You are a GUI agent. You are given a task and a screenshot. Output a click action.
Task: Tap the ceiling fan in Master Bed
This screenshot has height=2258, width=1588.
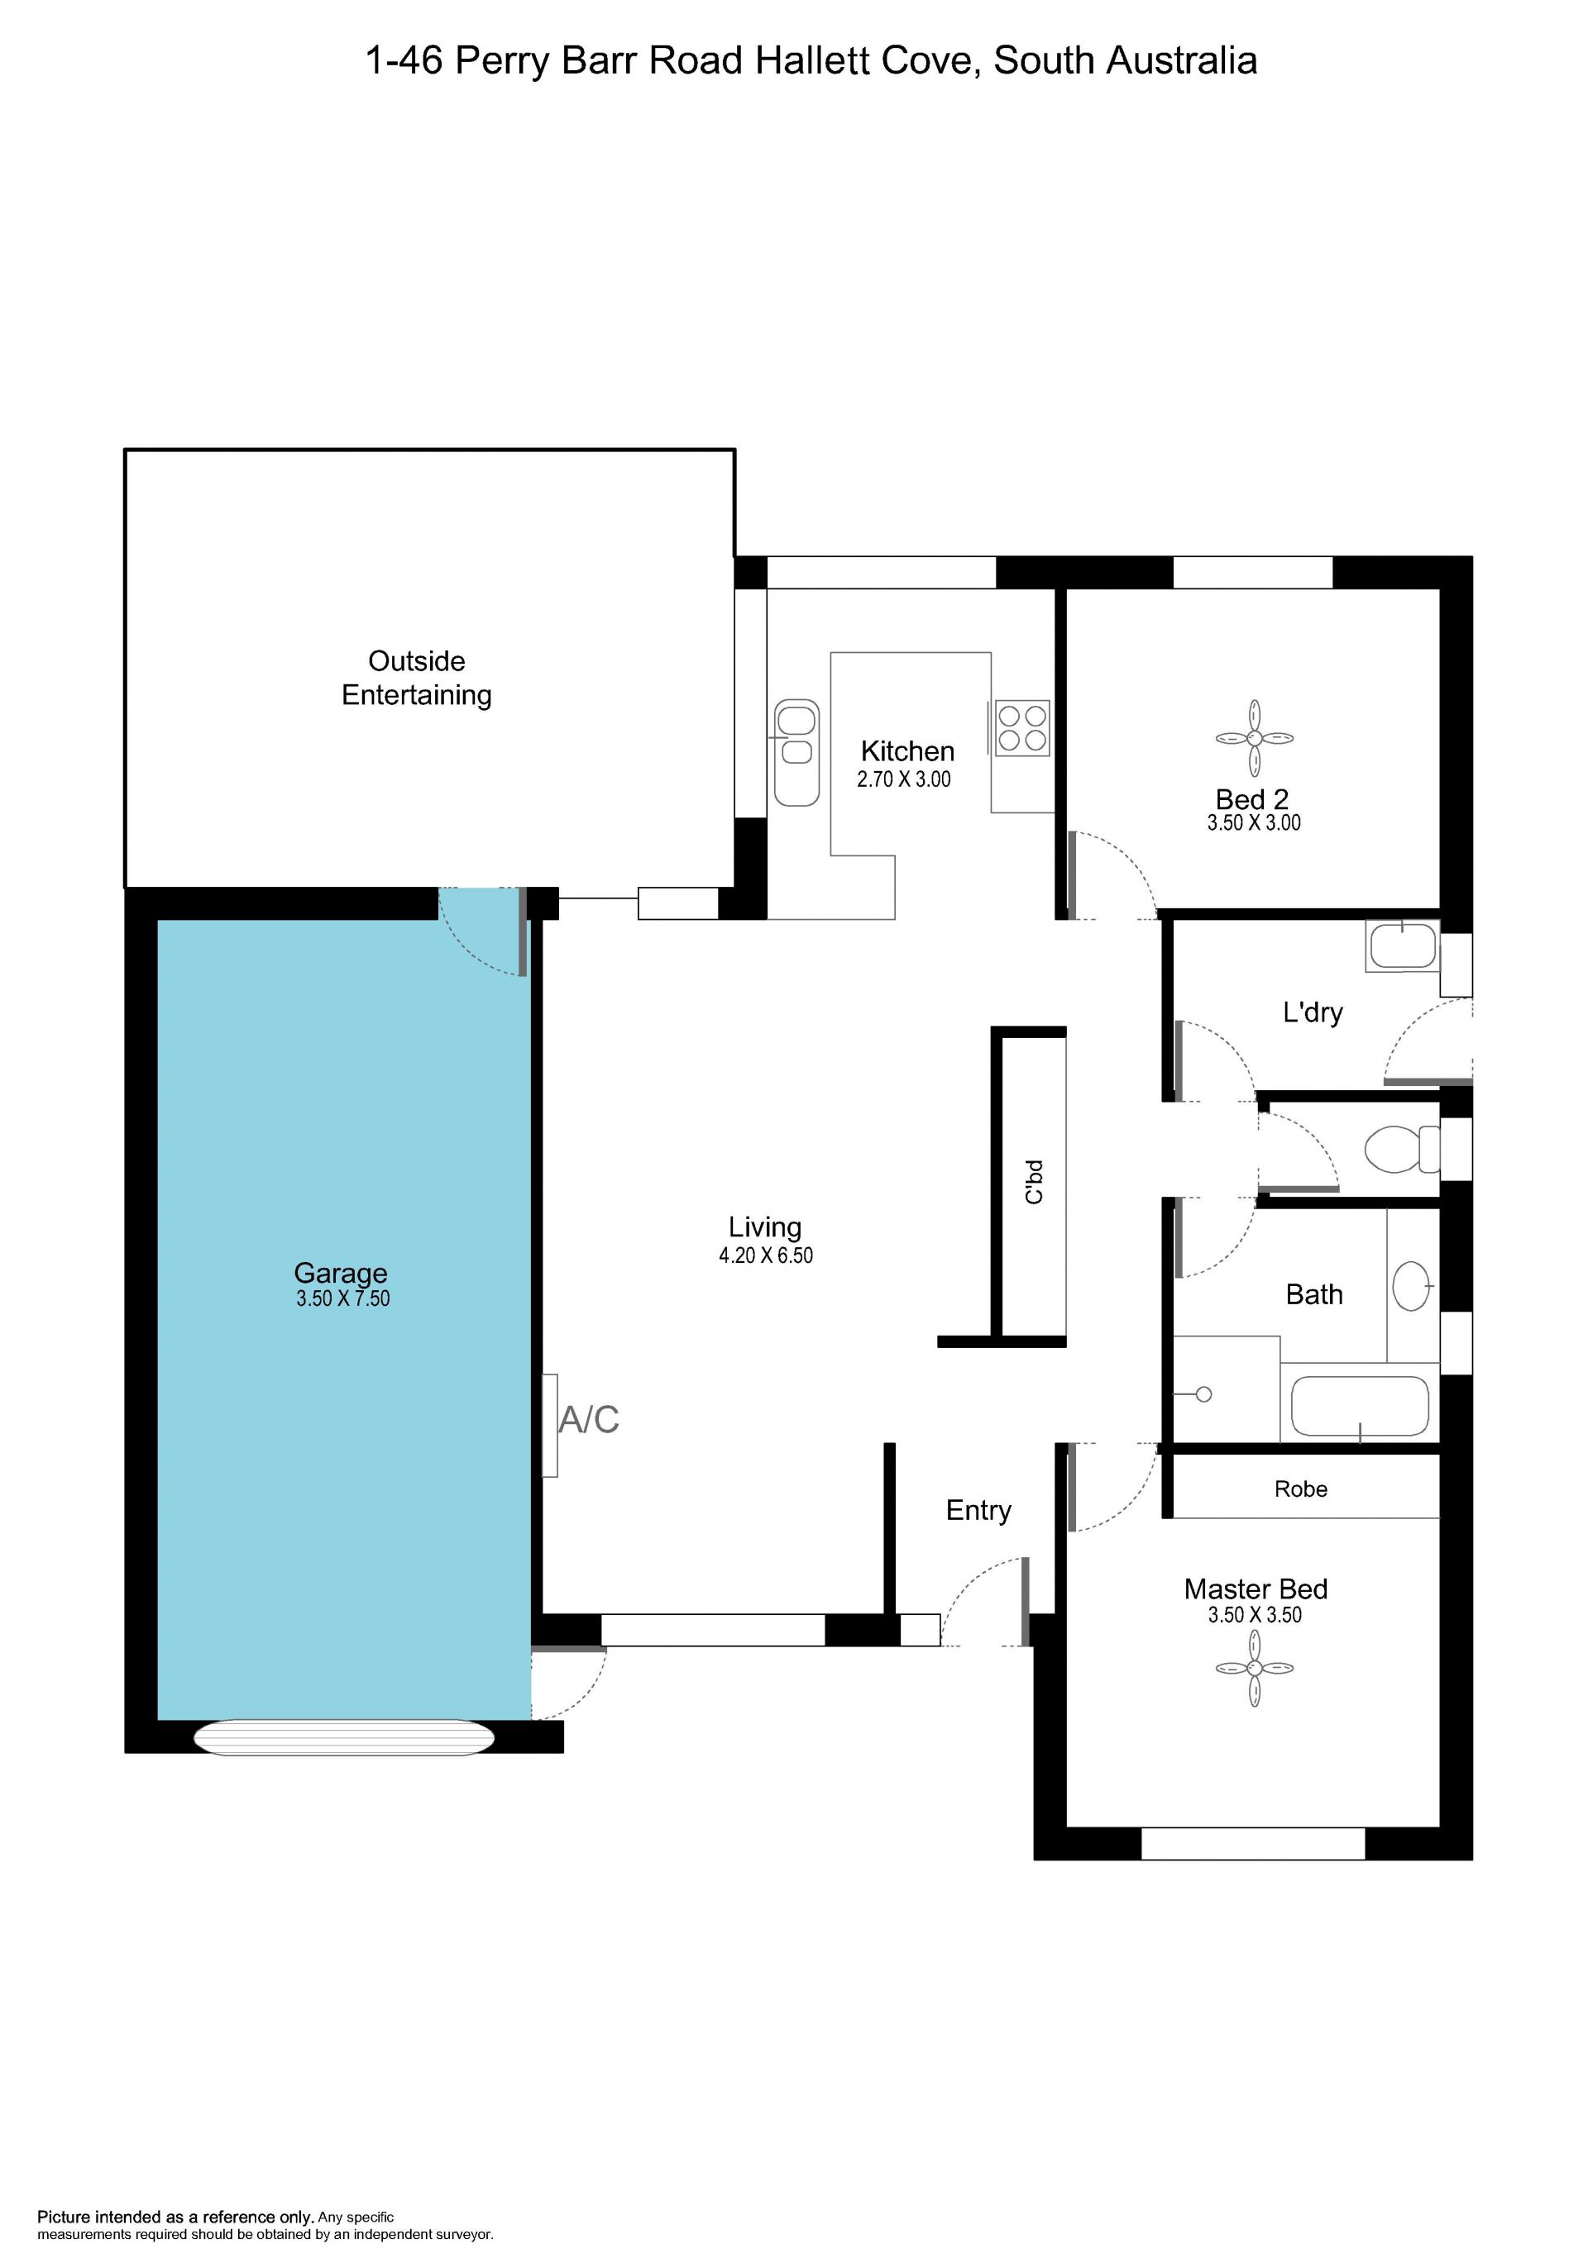1255,1668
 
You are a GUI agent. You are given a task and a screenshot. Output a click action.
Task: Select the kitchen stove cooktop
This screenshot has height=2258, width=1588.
1022,728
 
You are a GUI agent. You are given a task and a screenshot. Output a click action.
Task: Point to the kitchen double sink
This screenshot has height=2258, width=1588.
797,752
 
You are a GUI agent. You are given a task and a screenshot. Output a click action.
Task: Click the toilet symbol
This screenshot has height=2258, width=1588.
1402,1149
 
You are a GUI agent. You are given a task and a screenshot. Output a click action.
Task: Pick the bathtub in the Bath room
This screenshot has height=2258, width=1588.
1359,1408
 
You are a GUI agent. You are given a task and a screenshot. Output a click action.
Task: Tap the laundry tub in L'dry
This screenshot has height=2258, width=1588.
1403,946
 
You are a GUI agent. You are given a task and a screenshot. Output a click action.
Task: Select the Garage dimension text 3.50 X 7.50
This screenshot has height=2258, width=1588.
342,1298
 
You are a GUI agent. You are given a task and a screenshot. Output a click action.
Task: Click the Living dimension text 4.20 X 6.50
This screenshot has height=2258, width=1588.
766,1255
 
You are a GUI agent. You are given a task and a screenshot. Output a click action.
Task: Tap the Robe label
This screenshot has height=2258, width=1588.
1301,1489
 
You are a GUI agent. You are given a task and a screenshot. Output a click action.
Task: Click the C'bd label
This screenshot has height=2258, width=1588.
1033,1182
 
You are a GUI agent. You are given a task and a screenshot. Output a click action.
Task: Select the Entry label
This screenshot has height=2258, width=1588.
978,1511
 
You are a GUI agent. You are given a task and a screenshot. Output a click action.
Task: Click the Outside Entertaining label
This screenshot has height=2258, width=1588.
416,678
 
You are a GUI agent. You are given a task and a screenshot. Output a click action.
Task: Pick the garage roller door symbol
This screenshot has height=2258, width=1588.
343,1738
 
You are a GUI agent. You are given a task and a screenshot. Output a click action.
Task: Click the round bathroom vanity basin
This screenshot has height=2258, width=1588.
1412,1285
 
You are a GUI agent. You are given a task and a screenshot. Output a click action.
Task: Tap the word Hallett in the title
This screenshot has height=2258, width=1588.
813,61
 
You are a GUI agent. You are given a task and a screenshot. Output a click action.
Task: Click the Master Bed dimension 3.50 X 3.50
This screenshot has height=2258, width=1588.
1255,1615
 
